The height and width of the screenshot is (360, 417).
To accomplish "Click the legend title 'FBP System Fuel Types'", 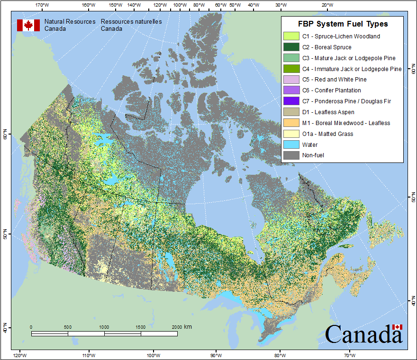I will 343,24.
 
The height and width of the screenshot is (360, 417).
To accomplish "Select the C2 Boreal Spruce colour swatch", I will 291,47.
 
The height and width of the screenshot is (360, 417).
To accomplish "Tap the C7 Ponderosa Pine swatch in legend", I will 291,101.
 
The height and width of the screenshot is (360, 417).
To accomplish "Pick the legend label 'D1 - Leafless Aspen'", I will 328,112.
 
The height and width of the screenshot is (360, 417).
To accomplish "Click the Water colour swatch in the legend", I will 291,144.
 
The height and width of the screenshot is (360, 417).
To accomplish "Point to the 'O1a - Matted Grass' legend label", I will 327,134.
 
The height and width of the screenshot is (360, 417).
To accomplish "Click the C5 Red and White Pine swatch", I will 291,80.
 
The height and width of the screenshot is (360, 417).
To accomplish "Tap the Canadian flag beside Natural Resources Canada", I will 28,25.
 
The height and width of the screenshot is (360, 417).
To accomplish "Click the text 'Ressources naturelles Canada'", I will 131,25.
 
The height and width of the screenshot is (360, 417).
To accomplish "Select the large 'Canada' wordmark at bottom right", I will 363,334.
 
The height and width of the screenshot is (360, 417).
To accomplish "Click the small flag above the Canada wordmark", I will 397,327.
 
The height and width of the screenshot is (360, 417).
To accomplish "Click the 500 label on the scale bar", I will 67,327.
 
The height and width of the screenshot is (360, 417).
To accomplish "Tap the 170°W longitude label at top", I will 42,5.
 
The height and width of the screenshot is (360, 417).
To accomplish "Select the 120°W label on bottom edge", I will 20,355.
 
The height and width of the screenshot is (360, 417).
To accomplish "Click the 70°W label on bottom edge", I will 350,355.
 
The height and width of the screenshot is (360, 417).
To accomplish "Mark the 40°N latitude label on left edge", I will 6,328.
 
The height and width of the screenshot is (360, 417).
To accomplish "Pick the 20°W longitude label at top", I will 326,5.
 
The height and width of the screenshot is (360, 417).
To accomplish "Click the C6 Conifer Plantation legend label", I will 331,90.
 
